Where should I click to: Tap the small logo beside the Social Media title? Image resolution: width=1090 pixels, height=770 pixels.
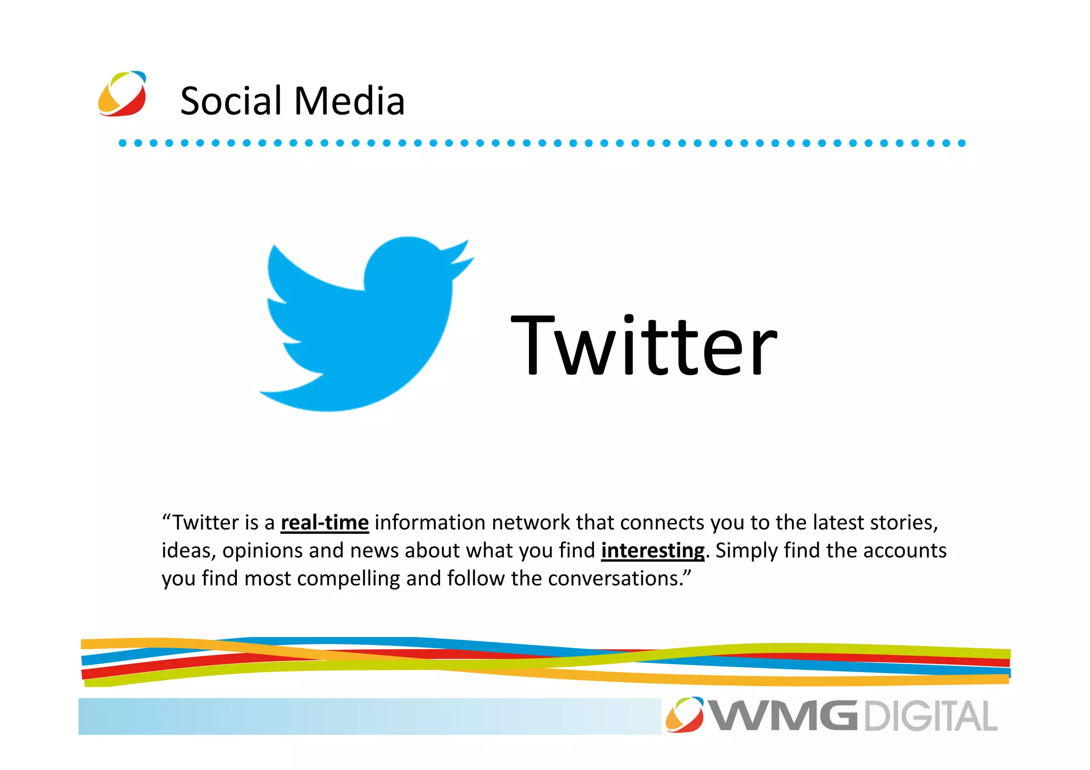pos(122,94)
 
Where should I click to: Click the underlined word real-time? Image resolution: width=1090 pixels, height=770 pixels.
pos(325,523)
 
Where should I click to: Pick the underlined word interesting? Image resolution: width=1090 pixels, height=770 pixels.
pos(653,551)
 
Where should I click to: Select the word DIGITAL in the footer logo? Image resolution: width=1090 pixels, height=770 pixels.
pos(930,716)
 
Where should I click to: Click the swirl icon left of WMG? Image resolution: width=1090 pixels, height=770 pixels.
pos(684,715)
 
